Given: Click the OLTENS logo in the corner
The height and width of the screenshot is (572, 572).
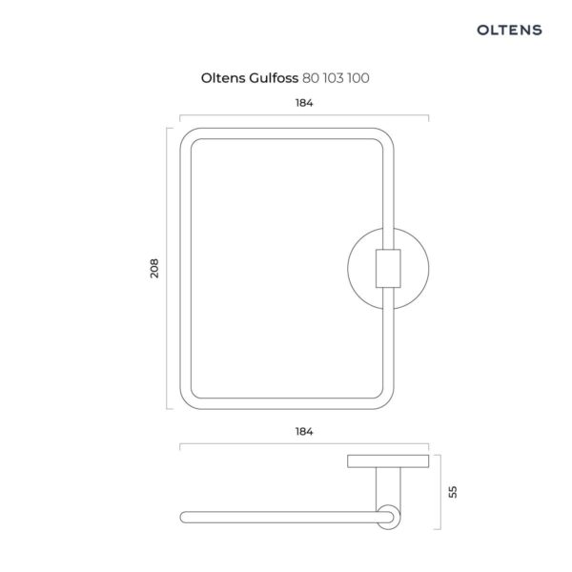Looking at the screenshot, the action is (509, 30).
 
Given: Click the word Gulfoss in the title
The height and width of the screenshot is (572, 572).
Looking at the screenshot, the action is (274, 78).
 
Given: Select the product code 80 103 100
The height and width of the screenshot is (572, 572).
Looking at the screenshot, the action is (336, 78).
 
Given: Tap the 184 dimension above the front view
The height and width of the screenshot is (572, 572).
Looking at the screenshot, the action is (304, 103).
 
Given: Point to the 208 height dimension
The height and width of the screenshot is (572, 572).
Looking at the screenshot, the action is (154, 269).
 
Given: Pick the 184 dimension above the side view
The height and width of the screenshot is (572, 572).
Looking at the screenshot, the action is (304, 432).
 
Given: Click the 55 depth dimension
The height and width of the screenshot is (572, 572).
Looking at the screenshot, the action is (452, 492).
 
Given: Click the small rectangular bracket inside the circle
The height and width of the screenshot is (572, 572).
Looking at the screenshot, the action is (388, 269).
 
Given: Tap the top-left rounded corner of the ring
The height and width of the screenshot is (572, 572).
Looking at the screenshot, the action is (187, 135).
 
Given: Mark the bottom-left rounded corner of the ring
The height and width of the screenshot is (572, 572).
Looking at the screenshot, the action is (187, 402).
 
